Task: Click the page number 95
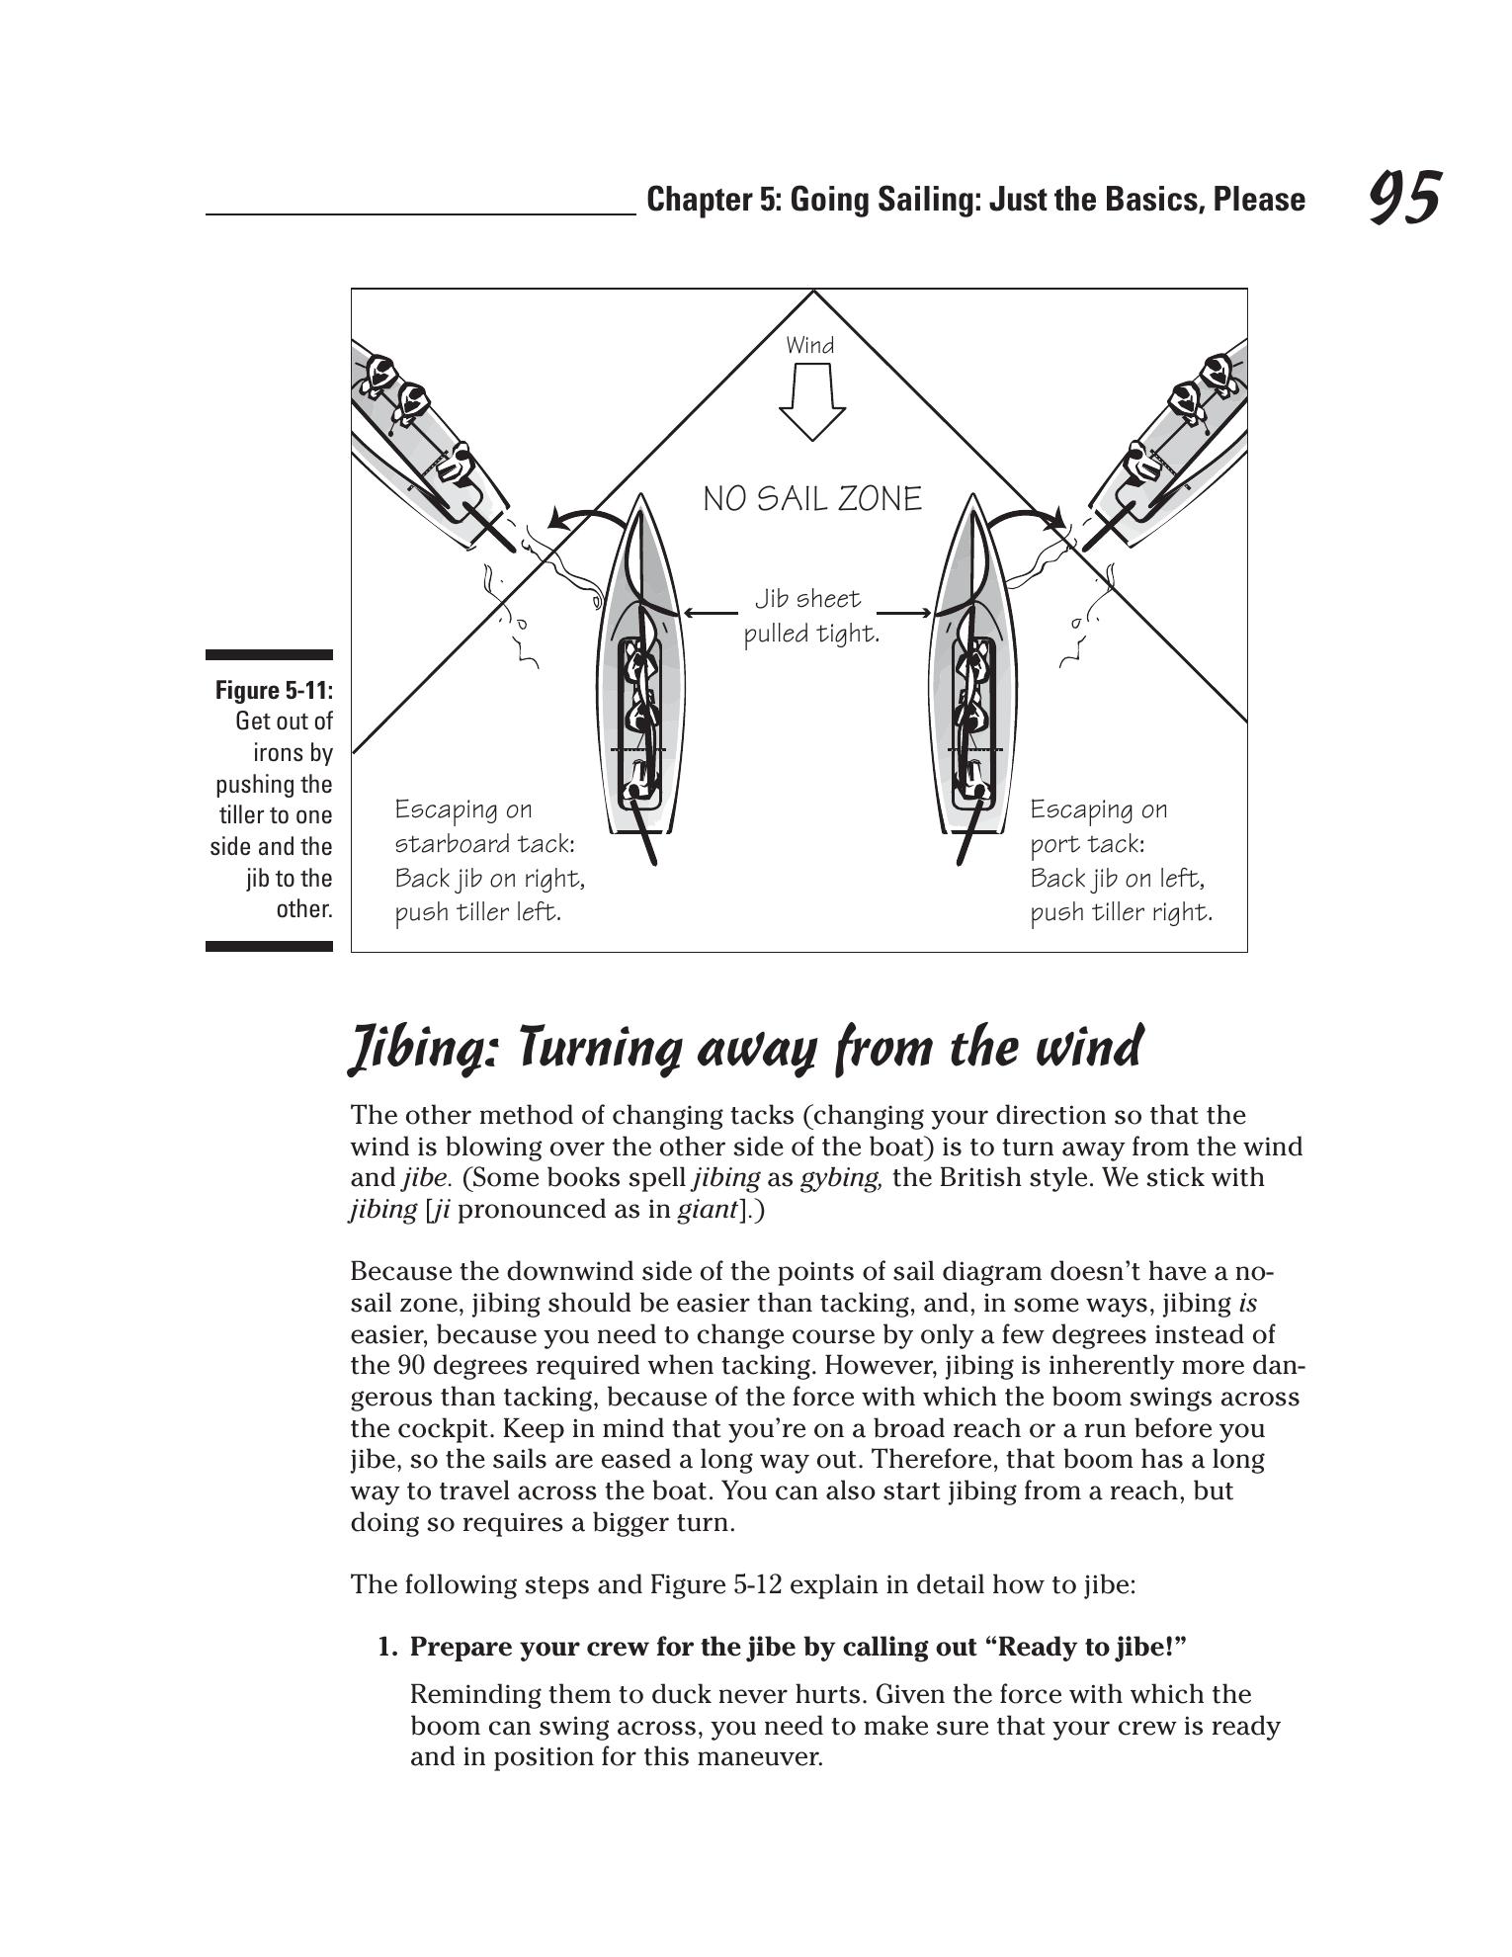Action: pos(1404,198)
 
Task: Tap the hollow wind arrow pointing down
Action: pos(812,401)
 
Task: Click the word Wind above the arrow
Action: pos(810,346)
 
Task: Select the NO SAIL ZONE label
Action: pos(812,499)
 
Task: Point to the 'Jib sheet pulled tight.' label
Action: pos(811,616)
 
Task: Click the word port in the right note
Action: pos(1056,844)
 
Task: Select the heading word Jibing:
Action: pos(428,1049)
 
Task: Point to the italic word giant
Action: pos(709,1210)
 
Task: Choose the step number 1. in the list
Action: pos(389,1648)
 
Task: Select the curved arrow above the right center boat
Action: pos(1028,519)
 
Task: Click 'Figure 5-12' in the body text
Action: pos(715,1585)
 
